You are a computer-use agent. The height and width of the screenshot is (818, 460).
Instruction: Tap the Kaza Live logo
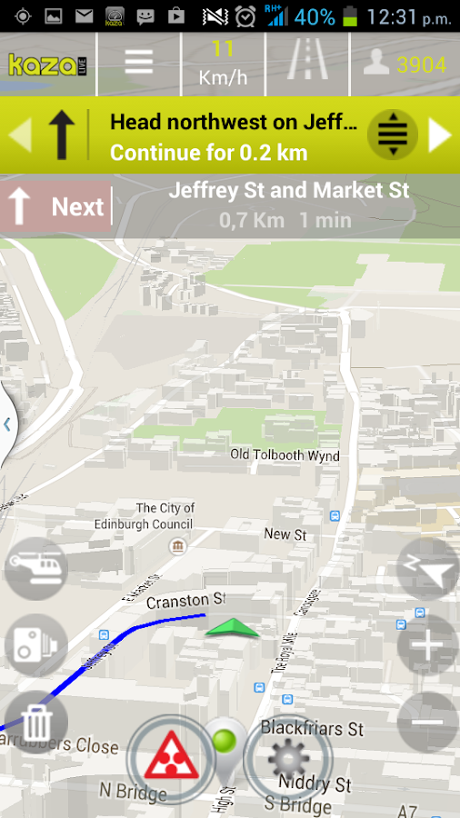(46, 65)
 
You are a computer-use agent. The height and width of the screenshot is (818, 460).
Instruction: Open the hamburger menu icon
(139, 62)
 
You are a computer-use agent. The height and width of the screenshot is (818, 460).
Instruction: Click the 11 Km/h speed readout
(223, 64)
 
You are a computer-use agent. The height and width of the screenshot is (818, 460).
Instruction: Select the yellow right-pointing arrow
(440, 135)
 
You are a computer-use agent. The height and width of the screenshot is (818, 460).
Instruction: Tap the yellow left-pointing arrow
(20, 135)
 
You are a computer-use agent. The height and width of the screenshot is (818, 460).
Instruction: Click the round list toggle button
(393, 135)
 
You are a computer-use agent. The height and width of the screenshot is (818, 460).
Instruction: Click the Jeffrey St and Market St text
(289, 191)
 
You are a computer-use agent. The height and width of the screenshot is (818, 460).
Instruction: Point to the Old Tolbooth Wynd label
(285, 454)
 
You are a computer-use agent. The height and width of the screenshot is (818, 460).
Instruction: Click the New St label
(285, 534)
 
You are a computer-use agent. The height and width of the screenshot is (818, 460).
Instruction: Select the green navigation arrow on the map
(233, 627)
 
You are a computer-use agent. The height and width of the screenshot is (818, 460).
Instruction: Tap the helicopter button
(36, 568)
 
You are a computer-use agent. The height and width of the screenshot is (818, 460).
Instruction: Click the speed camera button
(36, 645)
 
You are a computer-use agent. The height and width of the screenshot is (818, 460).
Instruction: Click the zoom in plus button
(427, 646)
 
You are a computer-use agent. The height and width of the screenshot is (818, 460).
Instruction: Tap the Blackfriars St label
(312, 728)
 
